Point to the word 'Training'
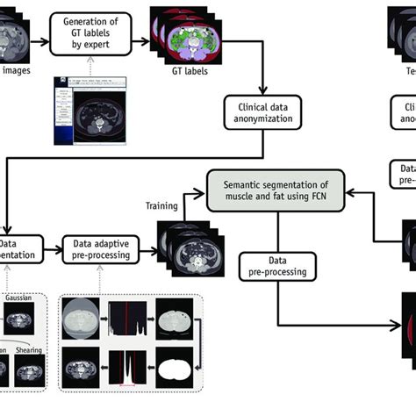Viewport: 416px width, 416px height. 162,206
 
